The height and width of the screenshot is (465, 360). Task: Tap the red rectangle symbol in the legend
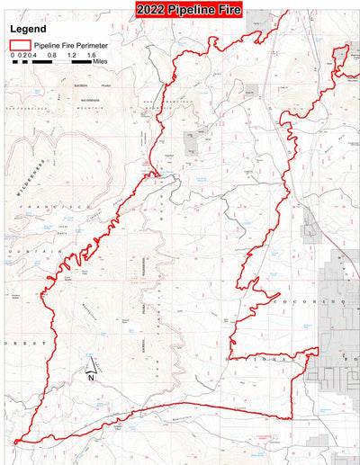(18, 43)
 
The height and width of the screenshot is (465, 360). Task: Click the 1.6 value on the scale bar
(91, 55)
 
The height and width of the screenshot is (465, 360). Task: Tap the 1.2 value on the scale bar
(71, 55)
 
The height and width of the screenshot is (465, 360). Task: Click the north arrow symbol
(91, 366)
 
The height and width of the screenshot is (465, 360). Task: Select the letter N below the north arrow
(92, 378)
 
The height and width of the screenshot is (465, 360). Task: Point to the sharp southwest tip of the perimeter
(15, 443)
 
